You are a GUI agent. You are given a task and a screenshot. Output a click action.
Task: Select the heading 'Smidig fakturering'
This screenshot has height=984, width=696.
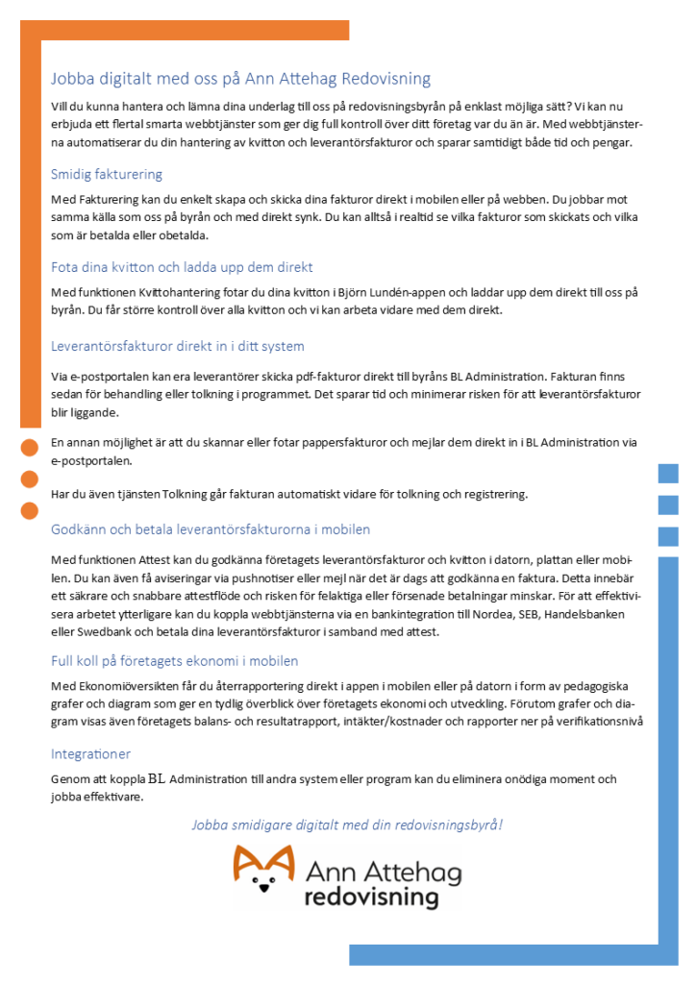tap(107, 174)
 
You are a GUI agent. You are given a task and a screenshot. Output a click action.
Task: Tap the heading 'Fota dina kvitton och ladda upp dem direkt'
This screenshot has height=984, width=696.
tap(182, 267)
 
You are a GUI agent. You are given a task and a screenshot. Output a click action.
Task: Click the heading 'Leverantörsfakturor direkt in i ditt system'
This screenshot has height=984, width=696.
tap(178, 346)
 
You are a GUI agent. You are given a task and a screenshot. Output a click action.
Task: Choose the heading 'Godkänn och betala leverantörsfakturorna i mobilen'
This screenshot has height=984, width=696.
tap(211, 529)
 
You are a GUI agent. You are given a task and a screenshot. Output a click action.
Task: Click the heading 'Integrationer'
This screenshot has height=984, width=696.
tap(90, 754)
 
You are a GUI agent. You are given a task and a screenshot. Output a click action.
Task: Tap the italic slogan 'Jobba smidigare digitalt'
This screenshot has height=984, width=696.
tap(347, 824)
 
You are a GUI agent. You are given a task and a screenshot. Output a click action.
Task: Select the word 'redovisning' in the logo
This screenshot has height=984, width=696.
tap(371, 898)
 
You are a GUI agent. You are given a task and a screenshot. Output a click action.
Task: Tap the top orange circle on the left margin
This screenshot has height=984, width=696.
tap(29, 446)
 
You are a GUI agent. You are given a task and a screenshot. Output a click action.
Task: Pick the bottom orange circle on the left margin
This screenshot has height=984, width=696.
tap(29, 509)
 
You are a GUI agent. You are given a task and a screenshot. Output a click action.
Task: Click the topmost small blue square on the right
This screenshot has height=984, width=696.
tap(668, 473)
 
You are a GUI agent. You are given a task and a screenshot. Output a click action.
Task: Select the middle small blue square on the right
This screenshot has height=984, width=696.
tap(668, 504)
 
